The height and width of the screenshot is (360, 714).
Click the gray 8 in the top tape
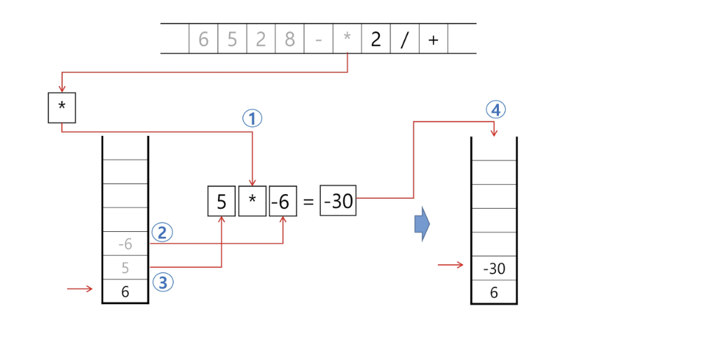[x=289, y=39]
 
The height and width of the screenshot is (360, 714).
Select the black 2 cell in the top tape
[x=376, y=39]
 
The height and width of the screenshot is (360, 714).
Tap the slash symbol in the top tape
[x=404, y=40]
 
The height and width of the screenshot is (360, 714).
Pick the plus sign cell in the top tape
[x=433, y=40]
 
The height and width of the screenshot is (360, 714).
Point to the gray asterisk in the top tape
[x=347, y=40]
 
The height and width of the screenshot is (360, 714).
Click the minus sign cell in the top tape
[x=318, y=40]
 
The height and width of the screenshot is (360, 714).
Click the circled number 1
[x=252, y=118]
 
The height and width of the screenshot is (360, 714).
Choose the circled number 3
[x=162, y=282]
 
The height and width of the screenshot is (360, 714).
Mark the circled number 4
[x=495, y=110]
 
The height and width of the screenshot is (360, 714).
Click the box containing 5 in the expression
[x=221, y=202]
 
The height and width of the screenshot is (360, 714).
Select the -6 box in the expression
[x=282, y=202]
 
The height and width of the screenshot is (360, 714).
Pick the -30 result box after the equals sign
[x=338, y=202]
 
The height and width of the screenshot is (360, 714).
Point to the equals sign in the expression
[x=308, y=202]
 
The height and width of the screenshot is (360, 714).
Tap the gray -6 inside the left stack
[x=125, y=244]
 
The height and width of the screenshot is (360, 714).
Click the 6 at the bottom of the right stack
[x=494, y=293]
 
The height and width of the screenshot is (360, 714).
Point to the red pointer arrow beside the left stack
[x=79, y=289]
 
